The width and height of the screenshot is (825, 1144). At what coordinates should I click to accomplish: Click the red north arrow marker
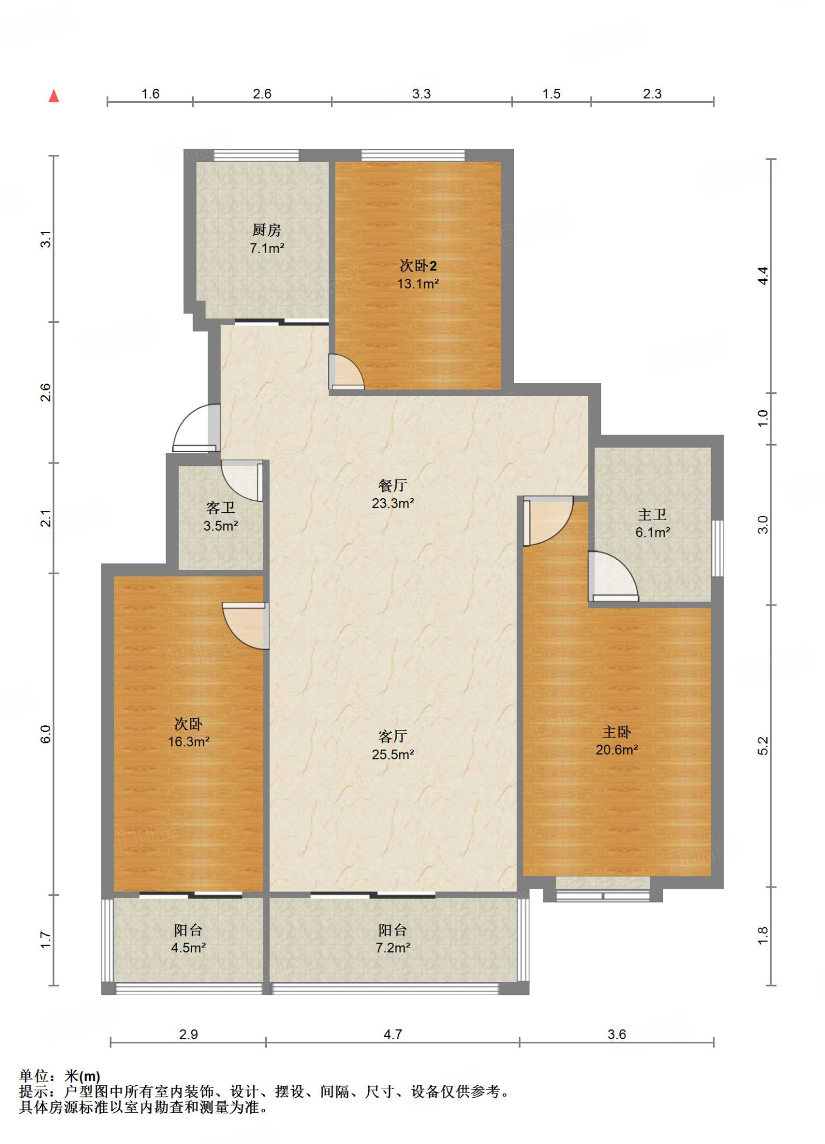click(x=54, y=96)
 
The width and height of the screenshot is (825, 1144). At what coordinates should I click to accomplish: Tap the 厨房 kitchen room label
click(x=266, y=230)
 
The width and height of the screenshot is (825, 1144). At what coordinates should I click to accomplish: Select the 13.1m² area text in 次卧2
click(x=418, y=284)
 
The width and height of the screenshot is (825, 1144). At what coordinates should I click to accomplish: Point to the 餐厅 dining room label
click(x=393, y=485)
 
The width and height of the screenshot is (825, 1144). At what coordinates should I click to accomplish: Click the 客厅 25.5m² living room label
click(x=393, y=745)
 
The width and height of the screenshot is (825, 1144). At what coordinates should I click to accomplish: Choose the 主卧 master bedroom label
click(x=617, y=732)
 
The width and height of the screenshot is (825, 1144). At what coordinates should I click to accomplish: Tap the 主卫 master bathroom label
click(x=652, y=514)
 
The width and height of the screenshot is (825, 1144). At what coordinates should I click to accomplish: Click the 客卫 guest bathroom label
click(x=221, y=508)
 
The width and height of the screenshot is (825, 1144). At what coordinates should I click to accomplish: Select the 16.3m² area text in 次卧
click(x=189, y=742)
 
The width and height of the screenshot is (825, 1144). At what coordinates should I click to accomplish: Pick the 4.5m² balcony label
click(x=189, y=948)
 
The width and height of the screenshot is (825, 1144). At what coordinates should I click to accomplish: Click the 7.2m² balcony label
click(x=393, y=948)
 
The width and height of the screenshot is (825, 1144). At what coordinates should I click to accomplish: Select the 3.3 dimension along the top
click(x=421, y=94)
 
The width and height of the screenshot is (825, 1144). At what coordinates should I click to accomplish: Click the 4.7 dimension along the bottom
click(x=393, y=1035)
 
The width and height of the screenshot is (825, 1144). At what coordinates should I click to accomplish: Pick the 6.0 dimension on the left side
click(x=45, y=734)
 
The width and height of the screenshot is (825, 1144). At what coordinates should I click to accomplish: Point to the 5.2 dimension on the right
click(x=763, y=746)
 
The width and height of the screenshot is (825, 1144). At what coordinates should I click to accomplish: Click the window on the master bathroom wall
click(x=718, y=548)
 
